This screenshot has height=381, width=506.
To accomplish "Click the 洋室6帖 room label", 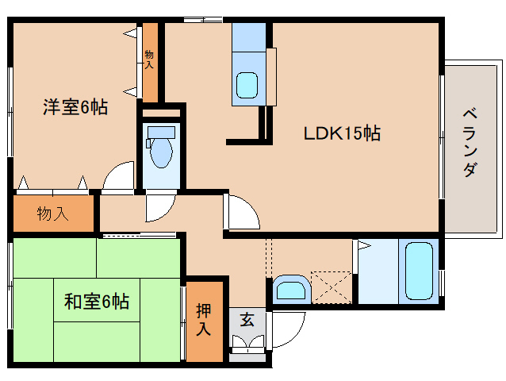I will (x=75, y=106).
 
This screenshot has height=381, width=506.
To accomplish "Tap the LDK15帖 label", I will (x=342, y=133).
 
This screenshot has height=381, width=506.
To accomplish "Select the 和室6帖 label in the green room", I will (x=97, y=302).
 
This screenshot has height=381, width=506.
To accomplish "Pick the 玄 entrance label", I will (x=247, y=320).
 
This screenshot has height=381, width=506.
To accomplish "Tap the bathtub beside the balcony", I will (x=418, y=270).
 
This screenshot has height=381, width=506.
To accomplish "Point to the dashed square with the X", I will (x=331, y=286).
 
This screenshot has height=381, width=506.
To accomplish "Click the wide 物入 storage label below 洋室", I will (x=53, y=213).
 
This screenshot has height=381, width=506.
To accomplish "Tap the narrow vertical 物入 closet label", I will (x=149, y=60).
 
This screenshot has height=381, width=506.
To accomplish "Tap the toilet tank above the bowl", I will (x=161, y=132).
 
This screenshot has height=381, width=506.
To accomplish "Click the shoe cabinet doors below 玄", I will (x=248, y=344).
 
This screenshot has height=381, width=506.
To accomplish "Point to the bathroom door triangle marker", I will (x=364, y=246).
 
